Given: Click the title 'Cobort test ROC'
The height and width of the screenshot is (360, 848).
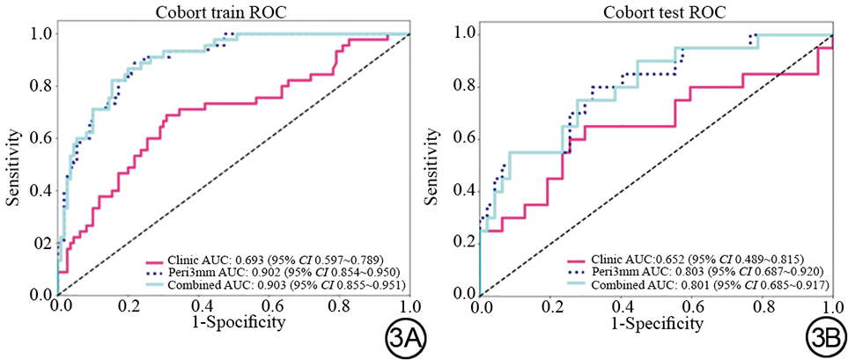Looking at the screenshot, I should click(x=656, y=13).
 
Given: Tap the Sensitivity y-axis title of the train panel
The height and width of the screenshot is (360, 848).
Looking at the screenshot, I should click(x=14, y=164).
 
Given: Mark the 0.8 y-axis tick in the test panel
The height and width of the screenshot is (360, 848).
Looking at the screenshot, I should click(x=463, y=86).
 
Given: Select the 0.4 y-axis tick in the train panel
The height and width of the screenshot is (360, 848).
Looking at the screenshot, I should click(x=41, y=190).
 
